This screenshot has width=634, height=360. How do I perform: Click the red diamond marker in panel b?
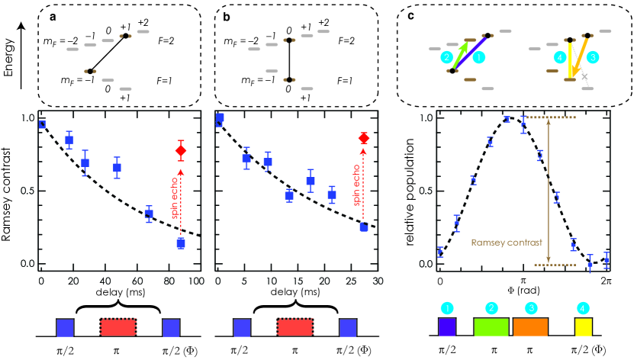pos(364,138)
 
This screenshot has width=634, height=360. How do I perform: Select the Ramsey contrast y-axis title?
pos(9,191)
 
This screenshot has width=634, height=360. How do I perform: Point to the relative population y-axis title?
pos(410,191)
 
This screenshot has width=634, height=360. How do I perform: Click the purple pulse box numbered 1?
pos(446,328)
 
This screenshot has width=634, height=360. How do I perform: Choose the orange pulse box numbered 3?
pos(530,328)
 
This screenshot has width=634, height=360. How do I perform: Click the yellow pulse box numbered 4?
pos(584,328)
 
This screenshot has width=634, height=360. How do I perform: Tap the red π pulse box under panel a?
pos(117,328)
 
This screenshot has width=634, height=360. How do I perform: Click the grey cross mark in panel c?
pos(584,77)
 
